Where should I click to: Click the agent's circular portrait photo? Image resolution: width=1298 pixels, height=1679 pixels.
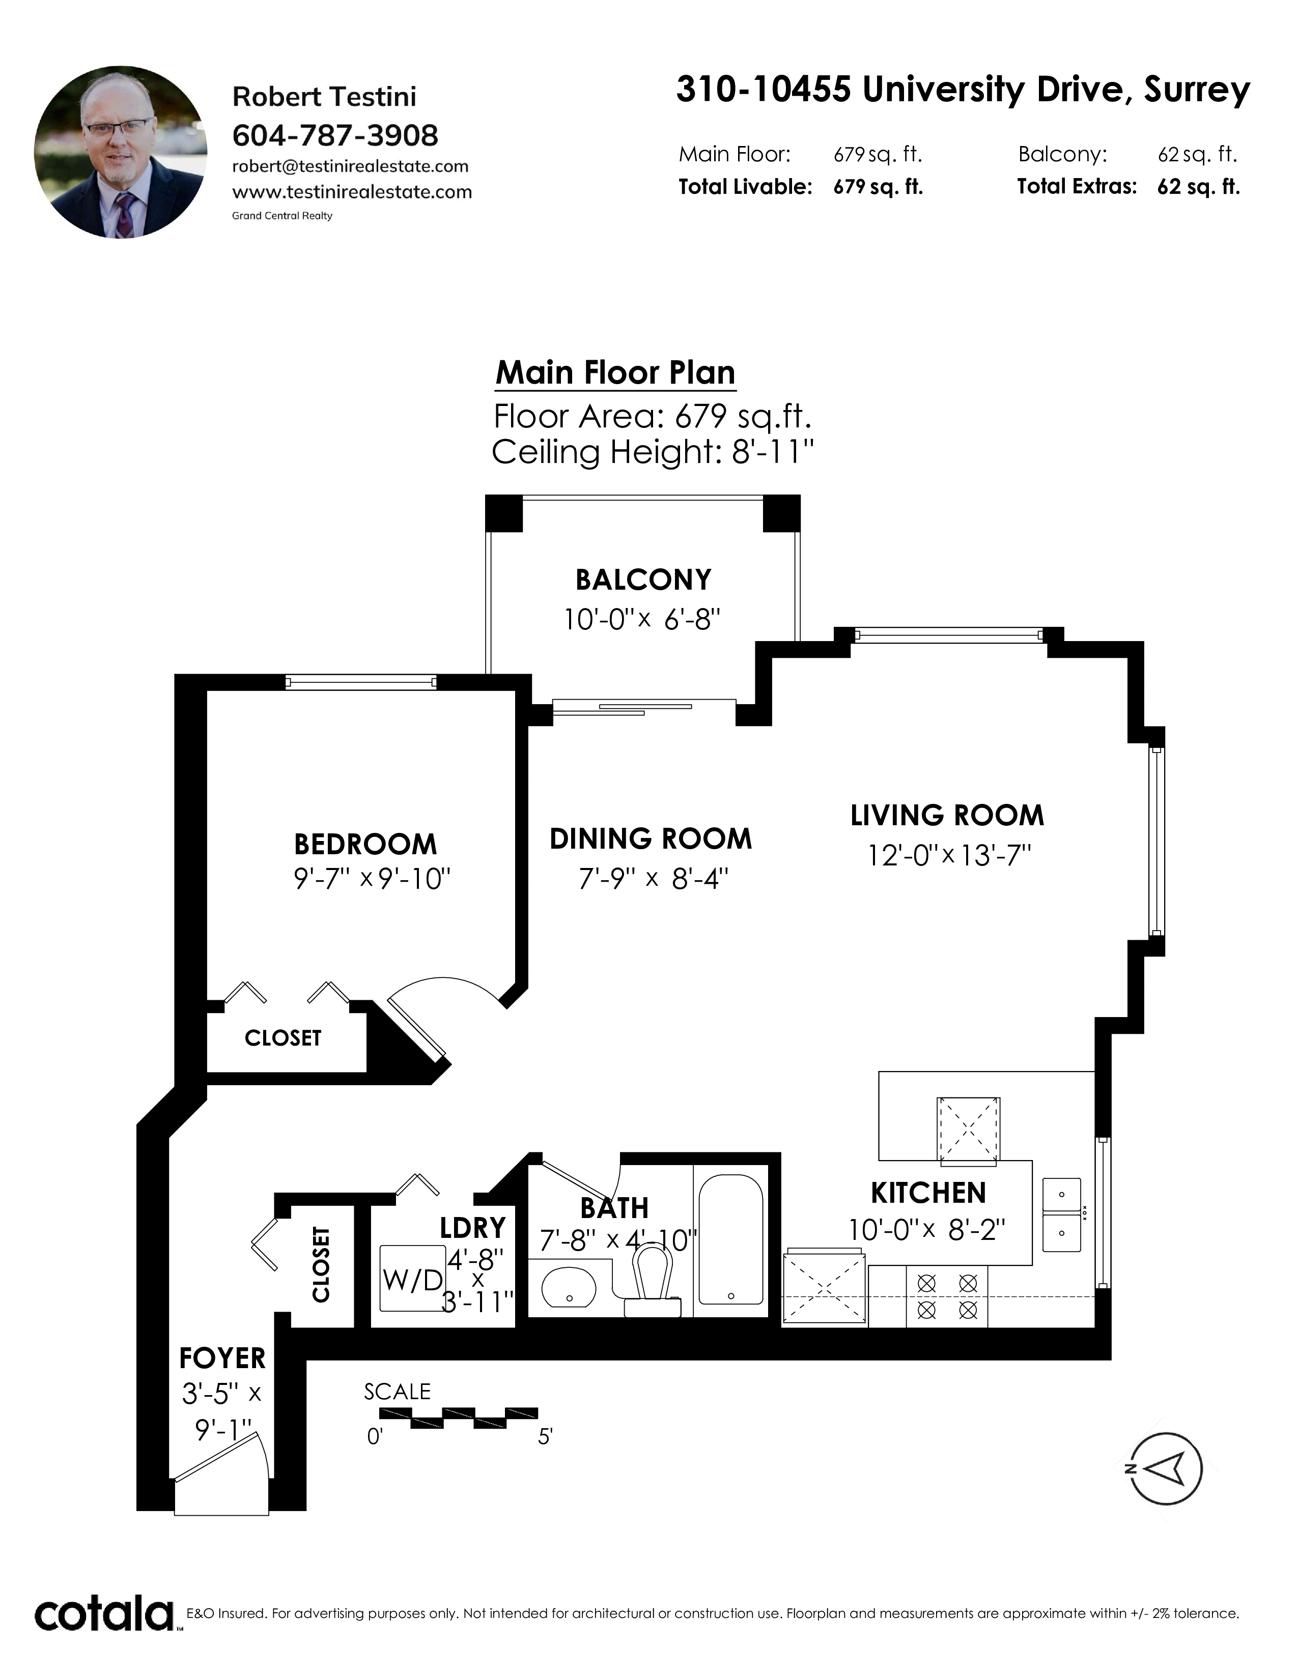(121, 152)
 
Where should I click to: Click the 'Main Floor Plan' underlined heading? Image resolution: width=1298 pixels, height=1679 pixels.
(615, 373)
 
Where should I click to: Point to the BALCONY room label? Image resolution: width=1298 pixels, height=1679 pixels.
(643, 580)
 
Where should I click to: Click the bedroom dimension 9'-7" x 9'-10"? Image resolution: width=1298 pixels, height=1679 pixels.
(372, 878)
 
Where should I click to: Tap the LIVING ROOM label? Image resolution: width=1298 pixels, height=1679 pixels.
(947, 816)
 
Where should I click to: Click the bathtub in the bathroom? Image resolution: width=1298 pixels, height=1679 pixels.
(730, 1240)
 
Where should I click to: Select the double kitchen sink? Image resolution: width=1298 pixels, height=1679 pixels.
(1062, 1214)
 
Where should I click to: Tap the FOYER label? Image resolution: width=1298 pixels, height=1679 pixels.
(222, 1358)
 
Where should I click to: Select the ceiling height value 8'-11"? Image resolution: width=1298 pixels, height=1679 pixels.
(772, 452)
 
